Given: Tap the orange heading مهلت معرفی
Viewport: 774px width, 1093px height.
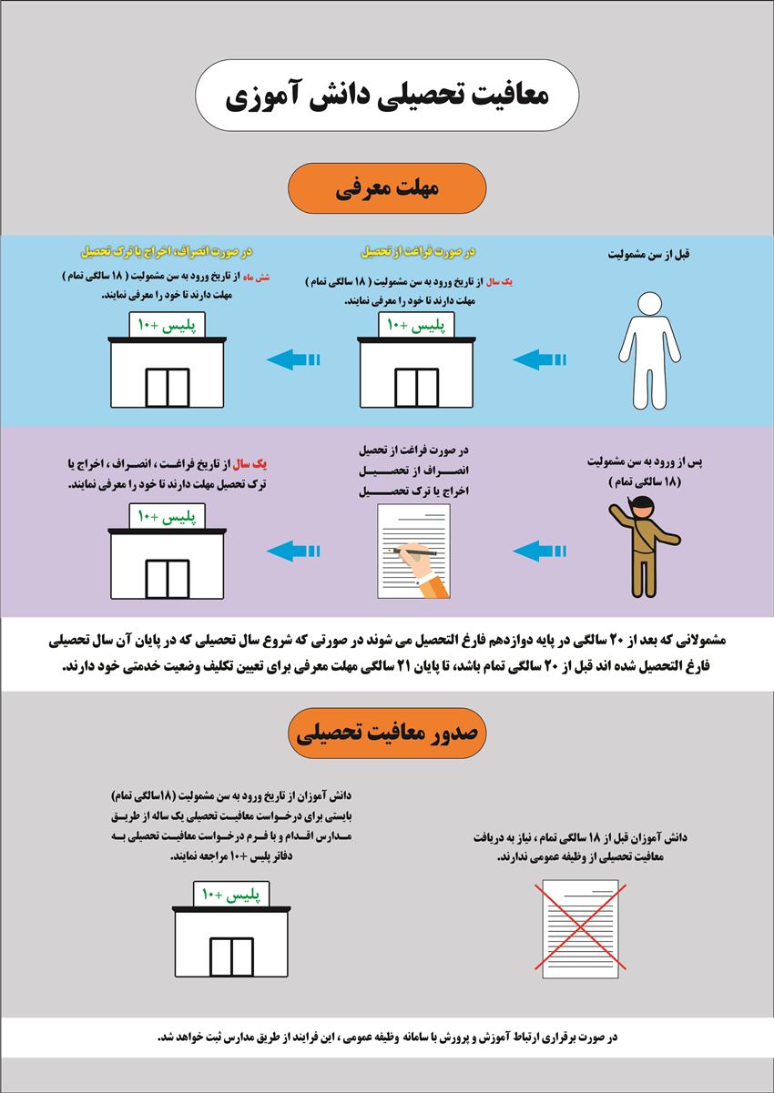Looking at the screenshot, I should click(x=387, y=189).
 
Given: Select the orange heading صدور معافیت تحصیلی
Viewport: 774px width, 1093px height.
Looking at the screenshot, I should click(x=386, y=732).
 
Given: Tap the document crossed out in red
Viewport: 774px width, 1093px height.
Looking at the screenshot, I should click(x=575, y=928).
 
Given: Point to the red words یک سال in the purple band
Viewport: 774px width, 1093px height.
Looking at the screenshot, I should click(x=265, y=465).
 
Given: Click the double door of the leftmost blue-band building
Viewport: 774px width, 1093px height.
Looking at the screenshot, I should click(x=167, y=387).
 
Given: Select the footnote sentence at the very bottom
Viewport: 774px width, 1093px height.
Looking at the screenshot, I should click(x=387, y=1037).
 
